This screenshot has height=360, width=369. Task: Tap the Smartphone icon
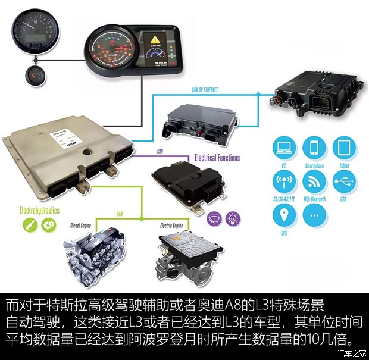[x=314, y=148]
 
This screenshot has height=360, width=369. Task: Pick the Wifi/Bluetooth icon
[x=314, y=181]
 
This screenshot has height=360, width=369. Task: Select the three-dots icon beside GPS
[x=314, y=215]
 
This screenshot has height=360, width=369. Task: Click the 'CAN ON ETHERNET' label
[x=204, y=90]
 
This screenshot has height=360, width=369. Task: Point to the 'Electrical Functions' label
[x=217, y=158]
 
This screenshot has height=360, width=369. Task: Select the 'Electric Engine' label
[x=174, y=226]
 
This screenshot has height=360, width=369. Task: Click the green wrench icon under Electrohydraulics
[x=28, y=226]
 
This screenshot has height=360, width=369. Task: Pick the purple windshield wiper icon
[x=213, y=218]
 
